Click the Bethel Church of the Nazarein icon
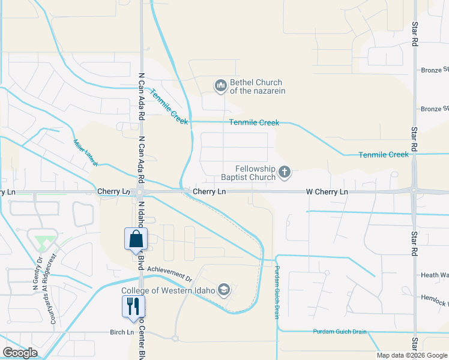[x=220, y=86]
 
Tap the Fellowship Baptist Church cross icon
[x=285, y=173]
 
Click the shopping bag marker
[x=136, y=239]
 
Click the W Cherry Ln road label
[x=327, y=192]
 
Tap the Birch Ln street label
[x=122, y=332]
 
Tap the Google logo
[x=20, y=353]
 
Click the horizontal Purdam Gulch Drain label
[x=340, y=331]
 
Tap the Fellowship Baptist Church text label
[x=246, y=173]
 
